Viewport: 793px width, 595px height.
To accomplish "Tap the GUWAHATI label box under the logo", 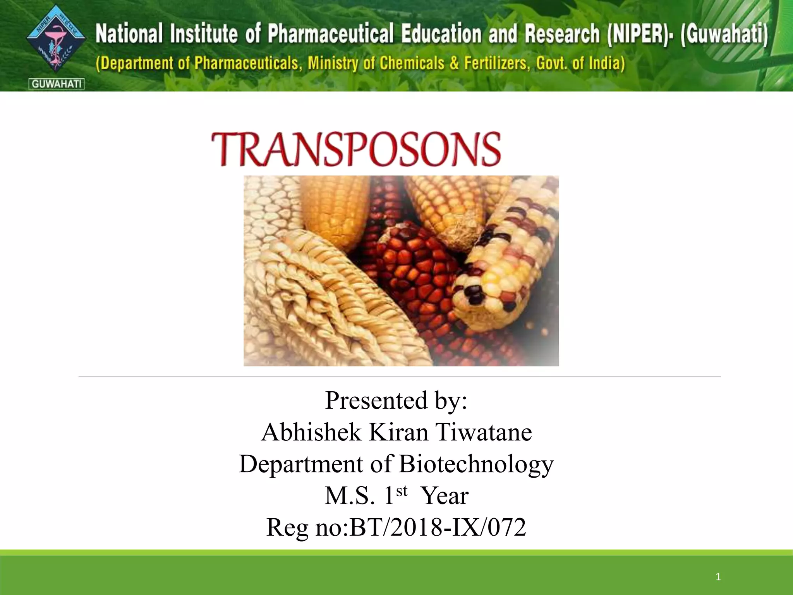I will [57, 84].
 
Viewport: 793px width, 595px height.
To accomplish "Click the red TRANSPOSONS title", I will [356, 150].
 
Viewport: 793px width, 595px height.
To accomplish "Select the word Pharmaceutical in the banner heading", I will [331, 33].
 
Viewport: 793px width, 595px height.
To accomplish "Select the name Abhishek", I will [311, 432].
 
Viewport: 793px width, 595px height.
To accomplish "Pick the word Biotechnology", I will [476, 464].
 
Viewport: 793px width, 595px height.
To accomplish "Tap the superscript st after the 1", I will [402, 491].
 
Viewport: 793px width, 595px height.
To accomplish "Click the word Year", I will [445, 495].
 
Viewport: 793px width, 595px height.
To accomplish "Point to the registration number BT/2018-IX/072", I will [438, 527].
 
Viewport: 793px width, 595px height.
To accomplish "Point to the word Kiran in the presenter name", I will [399, 432].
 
